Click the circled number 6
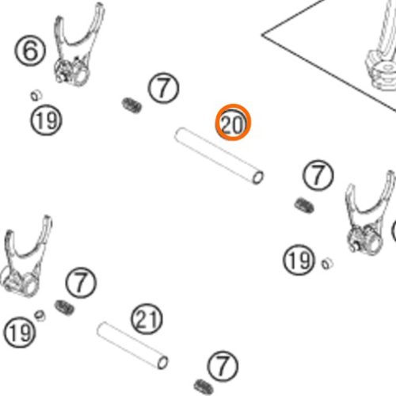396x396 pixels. click(30, 51)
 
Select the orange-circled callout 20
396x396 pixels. click(233, 122)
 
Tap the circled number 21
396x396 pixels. click(147, 319)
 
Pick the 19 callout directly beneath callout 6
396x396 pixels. click(46, 120)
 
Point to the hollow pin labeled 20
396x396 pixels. click(219, 156)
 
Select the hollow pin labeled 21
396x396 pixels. click(132, 345)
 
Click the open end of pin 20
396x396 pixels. click(257, 177)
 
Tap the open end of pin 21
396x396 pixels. click(162, 363)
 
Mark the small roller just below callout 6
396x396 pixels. click(36, 95)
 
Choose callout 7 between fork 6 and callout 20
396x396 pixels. click(163, 88)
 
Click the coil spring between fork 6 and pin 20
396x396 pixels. click(131, 105)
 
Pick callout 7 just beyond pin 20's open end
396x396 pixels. click(318, 175)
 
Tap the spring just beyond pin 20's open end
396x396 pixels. click(304, 206)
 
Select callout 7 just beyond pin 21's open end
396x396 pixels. click(223, 367)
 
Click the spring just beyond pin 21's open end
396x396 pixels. click(204, 387)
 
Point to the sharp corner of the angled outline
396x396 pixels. click(262, 35)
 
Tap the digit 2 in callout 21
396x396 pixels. click(140, 319)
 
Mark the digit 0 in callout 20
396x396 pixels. click(238, 124)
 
